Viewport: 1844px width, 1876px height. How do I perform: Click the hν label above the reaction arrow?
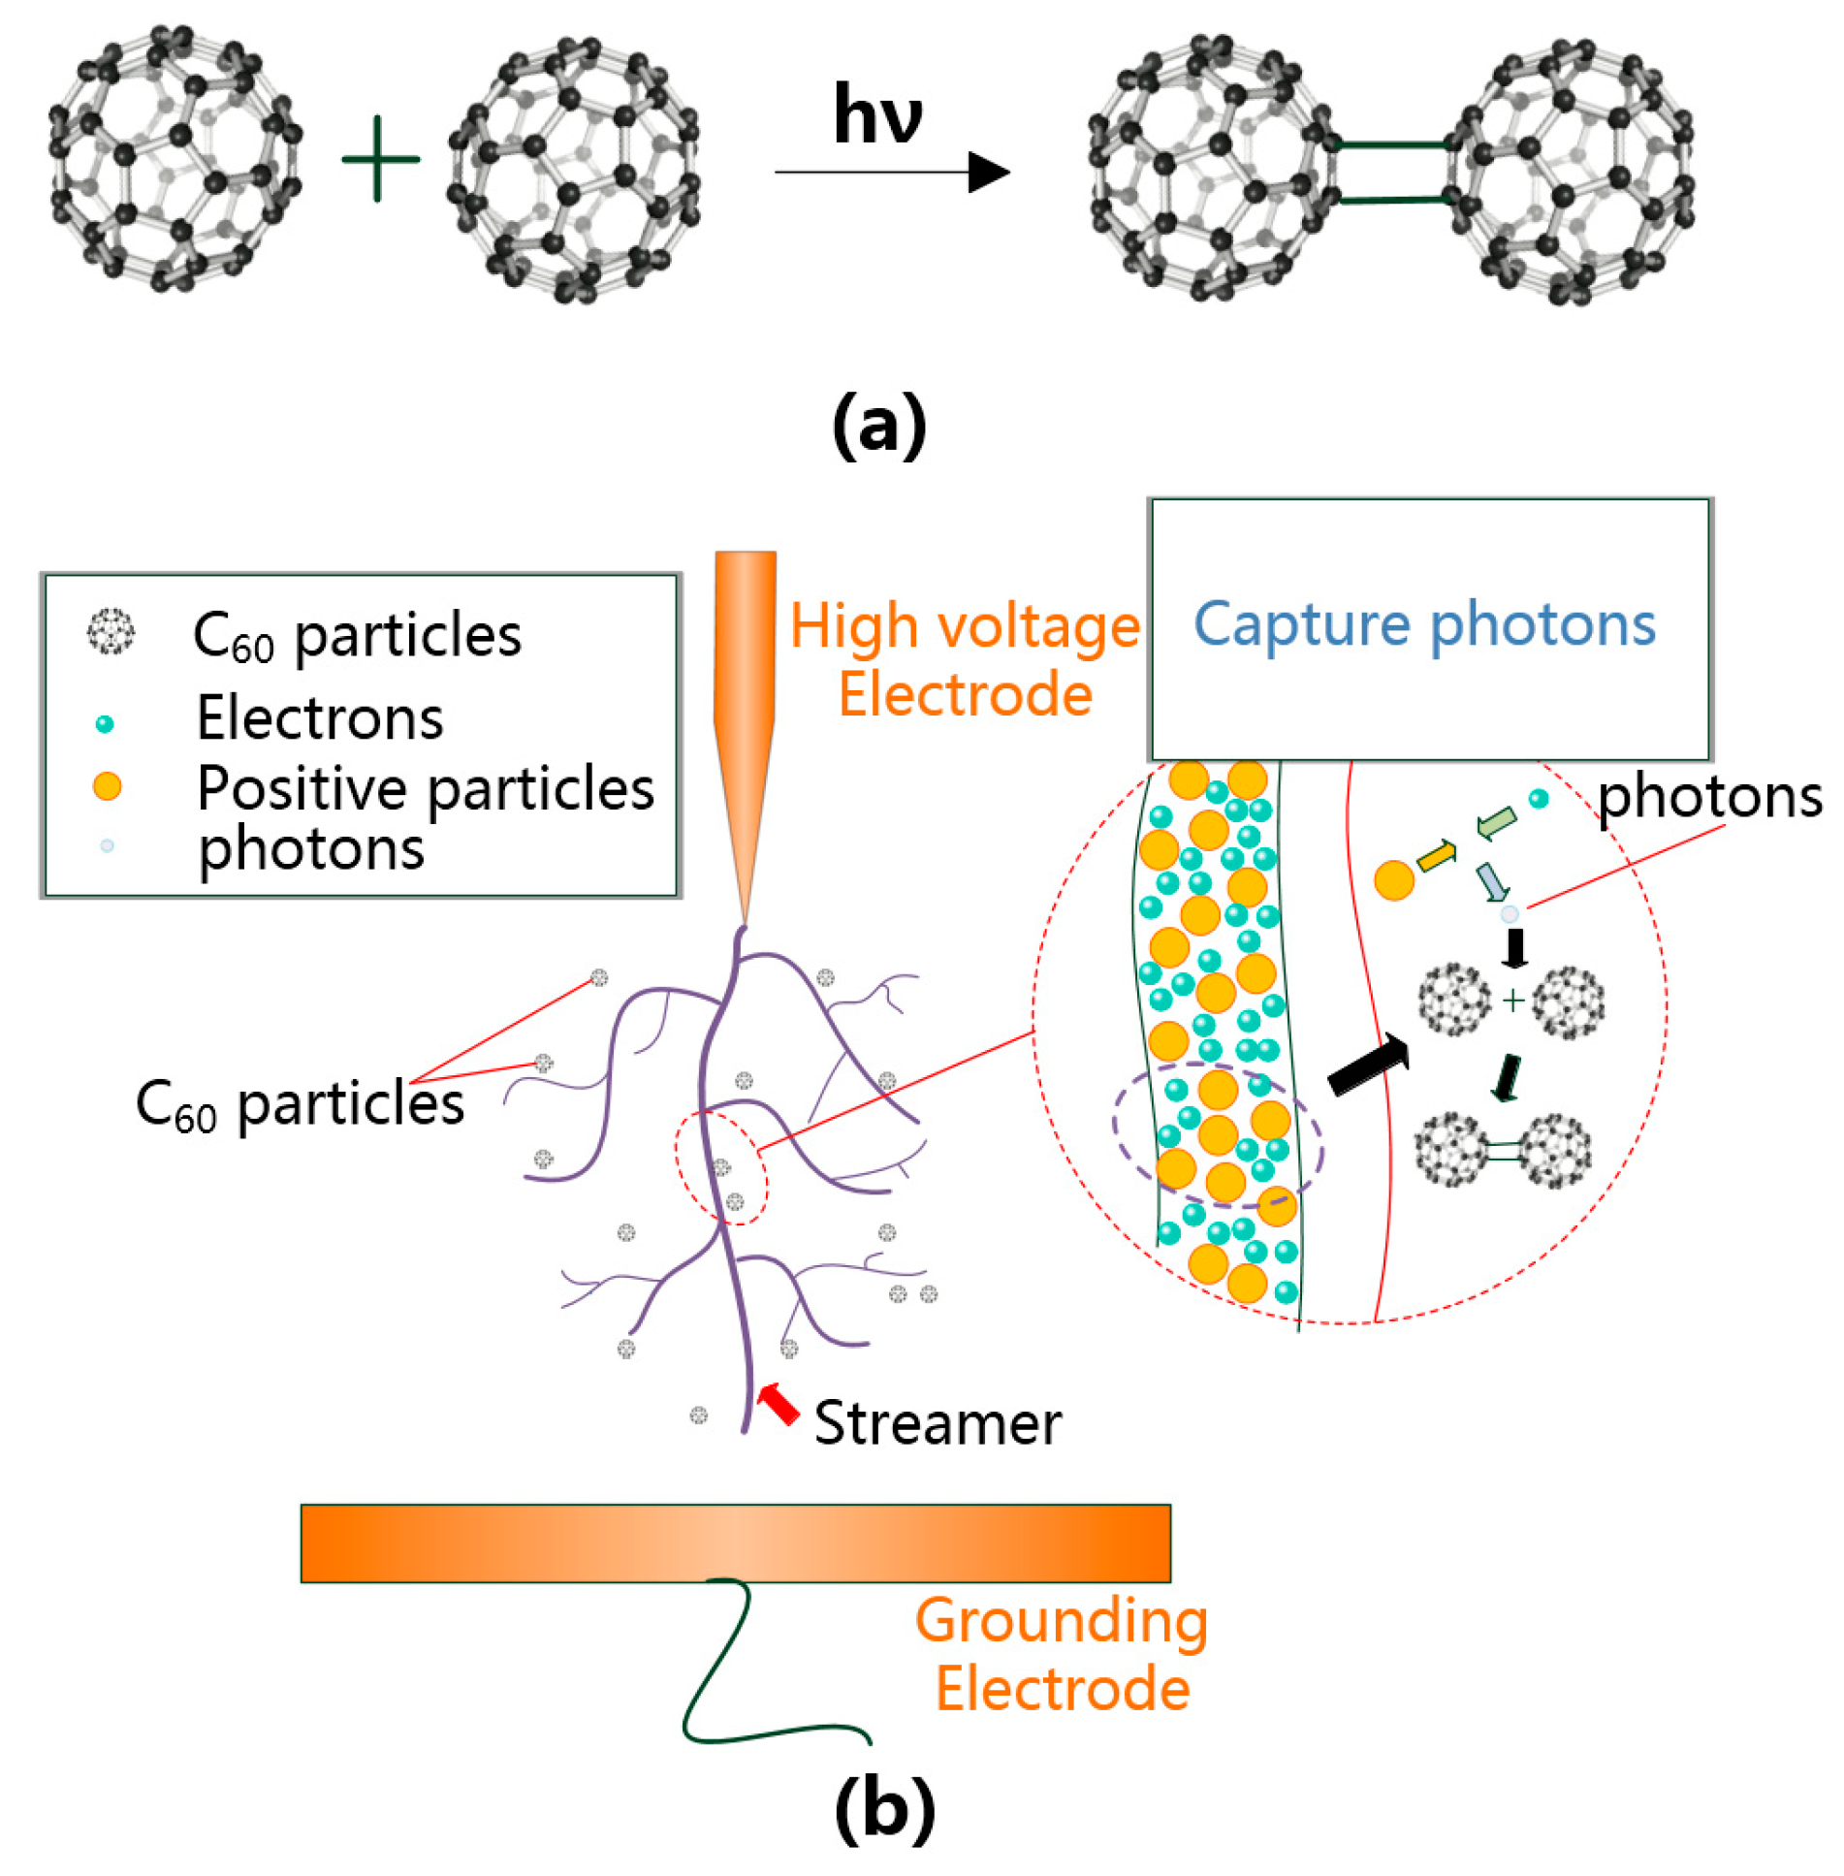(x=877, y=114)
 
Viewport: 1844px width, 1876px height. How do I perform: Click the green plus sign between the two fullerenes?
(x=380, y=159)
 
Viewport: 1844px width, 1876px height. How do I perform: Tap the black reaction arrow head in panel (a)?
(x=989, y=173)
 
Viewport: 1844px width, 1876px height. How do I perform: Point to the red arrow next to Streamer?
(x=778, y=1403)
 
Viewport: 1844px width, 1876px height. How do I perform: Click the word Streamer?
(x=938, y=1423)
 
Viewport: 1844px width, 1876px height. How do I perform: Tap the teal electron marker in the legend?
(x=105, y=723)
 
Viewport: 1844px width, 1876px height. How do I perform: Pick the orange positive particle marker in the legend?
(x=107, y=786)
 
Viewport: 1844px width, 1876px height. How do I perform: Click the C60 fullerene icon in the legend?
(x=111, y=632)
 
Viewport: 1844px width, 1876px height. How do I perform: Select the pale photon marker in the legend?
(x=107, y=845)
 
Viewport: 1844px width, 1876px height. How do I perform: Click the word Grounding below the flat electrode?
(x=1062, y=1622)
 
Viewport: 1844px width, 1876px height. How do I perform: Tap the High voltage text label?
(x=965, y=625)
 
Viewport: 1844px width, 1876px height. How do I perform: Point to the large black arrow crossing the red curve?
(x=1367, y=1065)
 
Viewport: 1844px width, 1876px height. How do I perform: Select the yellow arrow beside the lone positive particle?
(x=1437, y=855)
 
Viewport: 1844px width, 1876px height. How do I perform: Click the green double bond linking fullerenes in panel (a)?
(x=1392, y=173)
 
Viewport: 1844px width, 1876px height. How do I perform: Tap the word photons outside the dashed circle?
(x=1709, y=797)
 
